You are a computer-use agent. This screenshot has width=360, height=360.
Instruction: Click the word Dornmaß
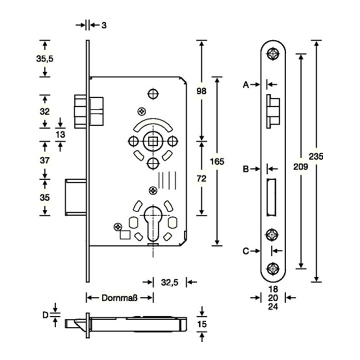click(119, 298)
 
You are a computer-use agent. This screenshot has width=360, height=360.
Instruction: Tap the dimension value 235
click(316, 156)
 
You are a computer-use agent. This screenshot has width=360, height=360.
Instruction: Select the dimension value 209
click(300, 166)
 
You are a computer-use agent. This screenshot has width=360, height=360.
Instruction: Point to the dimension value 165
click(217, 161)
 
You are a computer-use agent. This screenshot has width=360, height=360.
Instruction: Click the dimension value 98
click(201, 91)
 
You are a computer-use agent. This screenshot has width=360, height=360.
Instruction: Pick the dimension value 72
click(201, 178)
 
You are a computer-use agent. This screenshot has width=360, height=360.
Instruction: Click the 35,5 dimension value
click(45, 59)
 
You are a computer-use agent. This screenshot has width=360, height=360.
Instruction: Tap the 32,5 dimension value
click(169, 282)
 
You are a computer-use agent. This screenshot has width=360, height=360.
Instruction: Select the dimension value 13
click(60, 134)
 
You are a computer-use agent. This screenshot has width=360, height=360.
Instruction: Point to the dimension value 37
click(45, 160)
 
